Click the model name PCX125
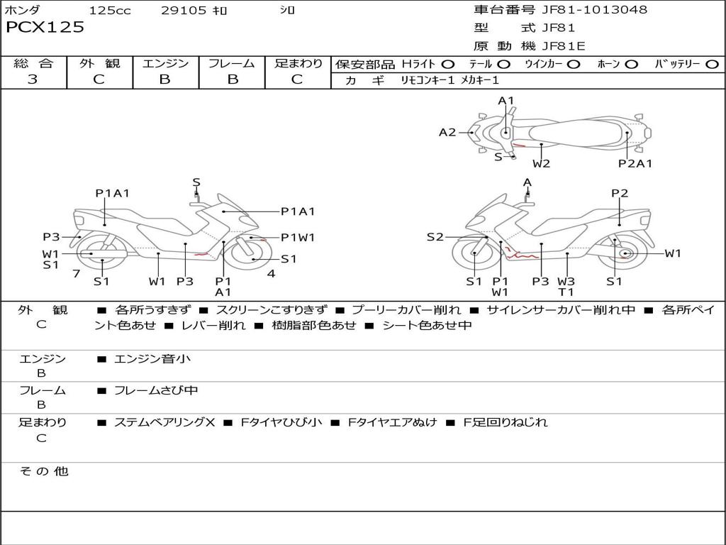pos(45,28)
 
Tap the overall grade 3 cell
pos(33,79)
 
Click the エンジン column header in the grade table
pos(165,64)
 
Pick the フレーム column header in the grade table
pos(231,64)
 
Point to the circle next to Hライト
pos(448,65)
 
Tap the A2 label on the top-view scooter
pos(447,132)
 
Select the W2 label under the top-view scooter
pos(542,164)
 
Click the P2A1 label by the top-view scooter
pos(635,164)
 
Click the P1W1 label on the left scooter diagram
pos(298,238)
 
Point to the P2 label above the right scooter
pos(620,193)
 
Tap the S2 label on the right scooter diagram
pos(435,237)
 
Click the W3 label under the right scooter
pos(566,281)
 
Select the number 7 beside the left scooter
pos(76,273)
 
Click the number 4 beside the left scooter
pos(271,273)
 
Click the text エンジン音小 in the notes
pos(152,359)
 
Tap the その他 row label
pos(43,471)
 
